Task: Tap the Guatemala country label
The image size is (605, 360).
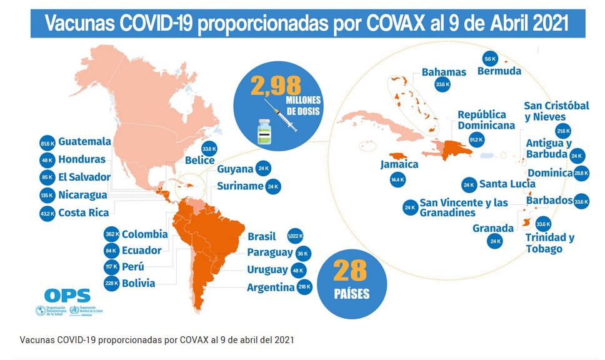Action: (84, 141)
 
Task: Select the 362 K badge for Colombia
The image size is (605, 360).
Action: (111, 234)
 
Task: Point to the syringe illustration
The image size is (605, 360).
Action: (282, 117)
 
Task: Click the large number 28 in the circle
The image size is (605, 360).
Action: (350, 271)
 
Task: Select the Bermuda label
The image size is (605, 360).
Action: (499, 71)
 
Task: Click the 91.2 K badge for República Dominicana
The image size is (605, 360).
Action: (476, 140)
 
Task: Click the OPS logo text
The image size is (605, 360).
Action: (67, 296)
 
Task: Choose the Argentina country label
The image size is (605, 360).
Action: (271, 287)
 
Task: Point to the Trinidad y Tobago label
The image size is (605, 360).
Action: (549, 243)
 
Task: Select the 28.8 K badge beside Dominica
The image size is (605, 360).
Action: (581, 173)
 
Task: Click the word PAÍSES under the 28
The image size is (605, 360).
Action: (351, 293)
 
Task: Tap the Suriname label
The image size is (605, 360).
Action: (240, 186)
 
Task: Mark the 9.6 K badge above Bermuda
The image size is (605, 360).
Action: (490, 59)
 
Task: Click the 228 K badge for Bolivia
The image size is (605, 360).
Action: (111, 284)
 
